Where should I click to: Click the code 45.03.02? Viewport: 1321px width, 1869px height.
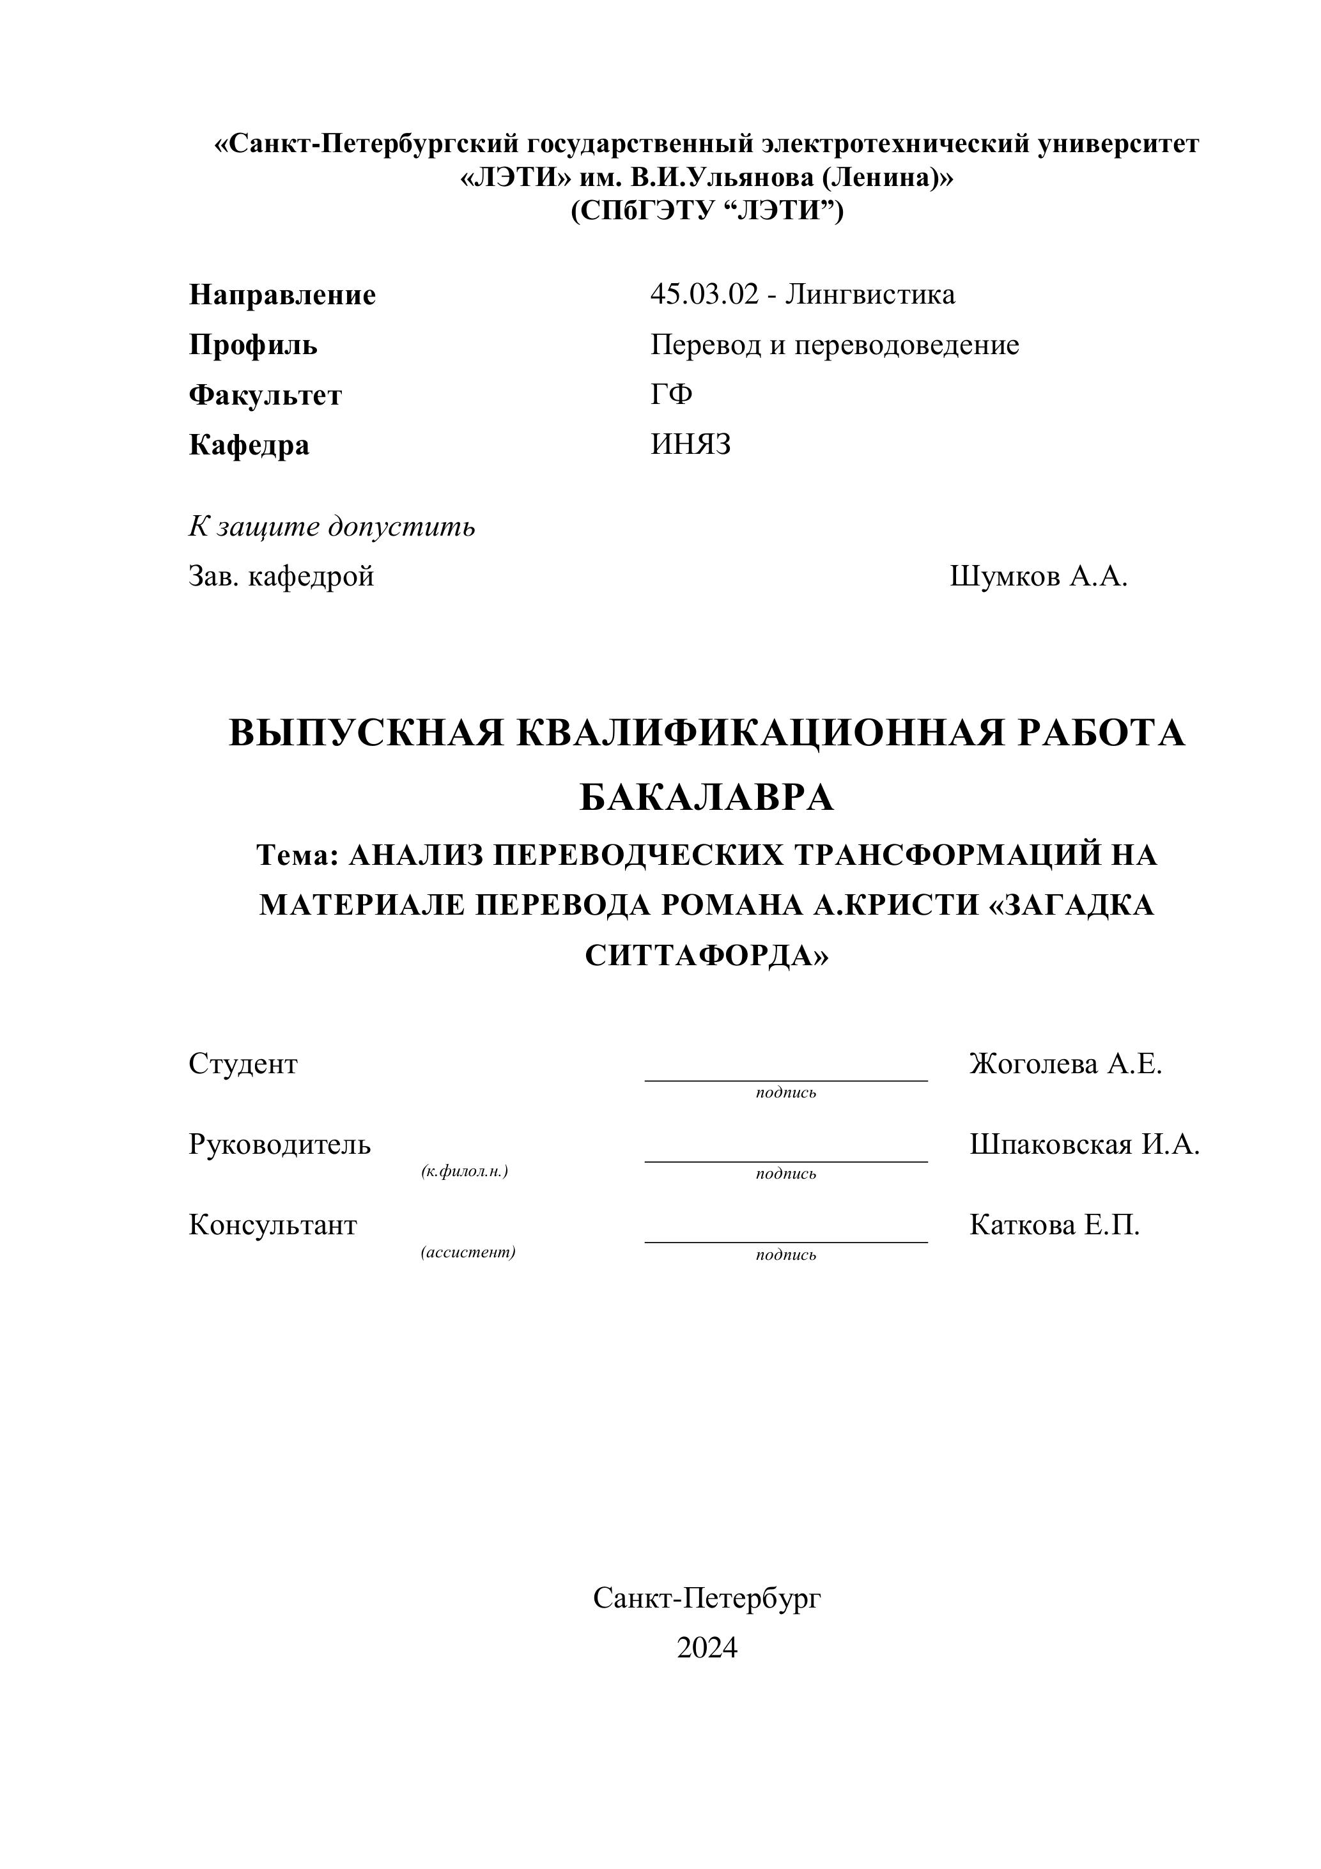tap(703, 294)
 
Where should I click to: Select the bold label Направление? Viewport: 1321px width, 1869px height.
tap(282, 295)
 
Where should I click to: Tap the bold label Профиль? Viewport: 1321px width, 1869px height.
tap(253, 345)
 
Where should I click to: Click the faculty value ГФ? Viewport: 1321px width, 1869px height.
tap(672, 395)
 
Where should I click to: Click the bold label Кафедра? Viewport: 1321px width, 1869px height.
tap(249, 446)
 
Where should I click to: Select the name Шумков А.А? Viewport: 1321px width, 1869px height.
tap(1039, 577)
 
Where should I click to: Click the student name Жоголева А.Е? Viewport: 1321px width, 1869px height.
tap(1065, 1064)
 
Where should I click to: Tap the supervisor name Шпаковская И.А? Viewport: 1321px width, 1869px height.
tap(1084, 1145)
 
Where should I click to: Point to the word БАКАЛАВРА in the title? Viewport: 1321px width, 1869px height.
tap(706, 798)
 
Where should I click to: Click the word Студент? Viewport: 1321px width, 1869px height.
tap(243, 1064)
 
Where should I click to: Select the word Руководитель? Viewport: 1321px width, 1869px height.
tap(280, 1145)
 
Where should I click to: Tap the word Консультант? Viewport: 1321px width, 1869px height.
tap(273, 1225)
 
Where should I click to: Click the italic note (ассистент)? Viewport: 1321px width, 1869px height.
tap(468, 1252)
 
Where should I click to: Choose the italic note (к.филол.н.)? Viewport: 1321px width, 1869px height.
tap(465, 1172)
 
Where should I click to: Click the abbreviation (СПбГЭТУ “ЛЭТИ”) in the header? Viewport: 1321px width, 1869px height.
tap(706, 211)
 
